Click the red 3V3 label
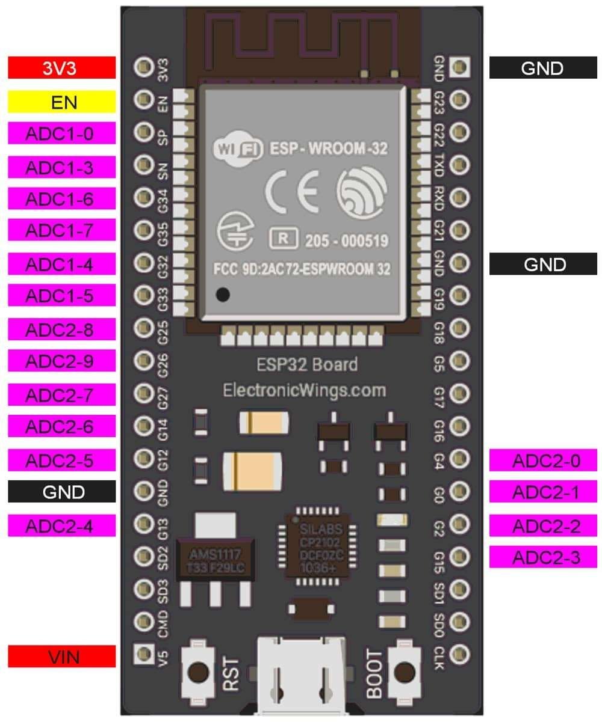61,67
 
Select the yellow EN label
61,102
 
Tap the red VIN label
61,656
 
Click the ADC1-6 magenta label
61,198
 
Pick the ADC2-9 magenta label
61,361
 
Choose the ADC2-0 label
543,460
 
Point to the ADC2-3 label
543,557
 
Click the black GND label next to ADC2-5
61,492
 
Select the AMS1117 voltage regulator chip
215,559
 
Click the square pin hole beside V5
143,652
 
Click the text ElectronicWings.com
304,390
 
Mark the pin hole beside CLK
459,652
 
